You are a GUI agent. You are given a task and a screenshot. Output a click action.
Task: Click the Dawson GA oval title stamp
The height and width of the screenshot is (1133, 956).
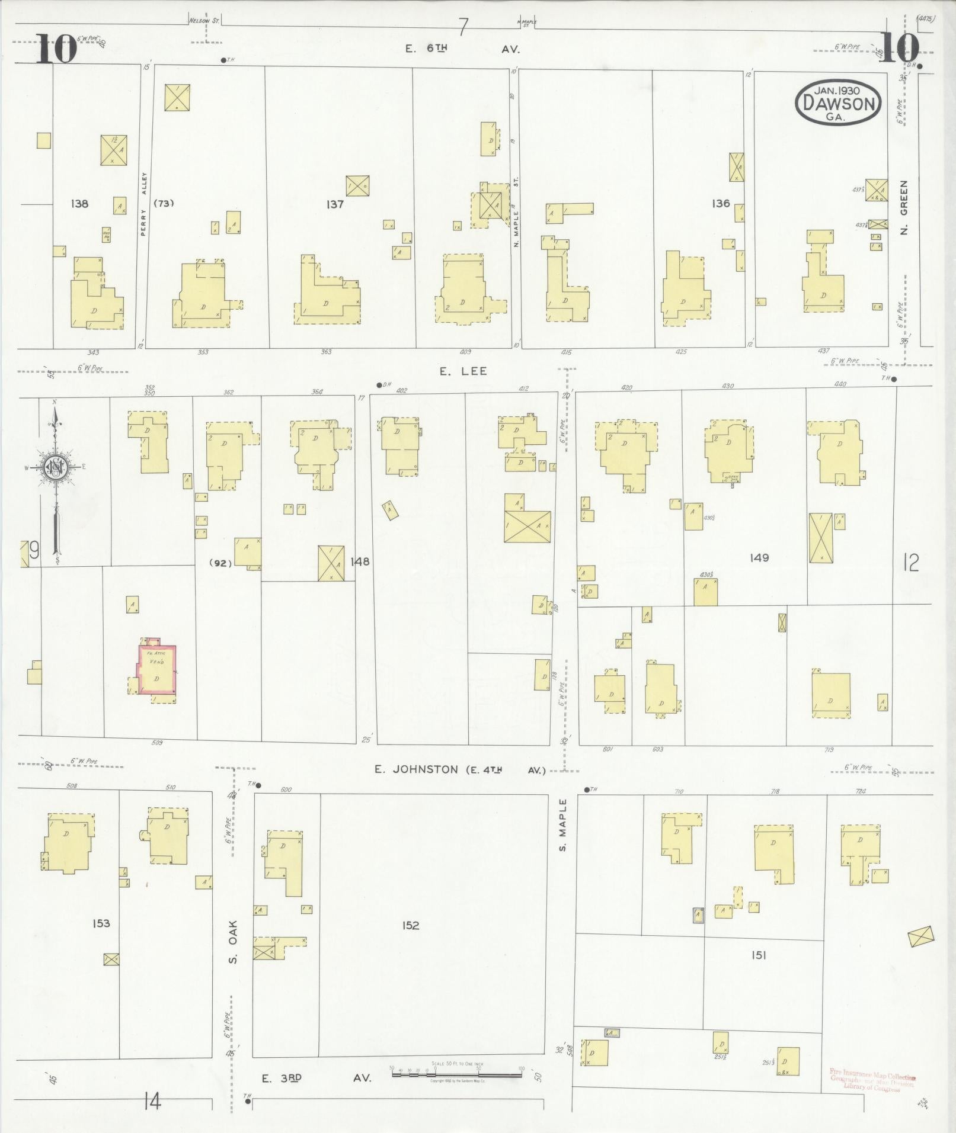pyautogui.click(x=838, y=103)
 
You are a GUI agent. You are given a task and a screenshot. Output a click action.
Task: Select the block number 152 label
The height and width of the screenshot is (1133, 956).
pyautogui.click(x=410, y=925)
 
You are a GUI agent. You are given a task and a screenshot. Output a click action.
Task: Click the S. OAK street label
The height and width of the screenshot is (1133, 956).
pyautogui.click(x=233, y=949)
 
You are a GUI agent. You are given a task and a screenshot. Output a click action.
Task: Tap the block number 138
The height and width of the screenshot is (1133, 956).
pyautogui.click(x=79, y=204)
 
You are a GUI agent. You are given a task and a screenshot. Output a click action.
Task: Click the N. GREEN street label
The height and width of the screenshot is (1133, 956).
pyautogui.click(x=904, y=207)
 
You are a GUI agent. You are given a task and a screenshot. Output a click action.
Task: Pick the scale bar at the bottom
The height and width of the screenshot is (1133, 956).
pyautogui.click(x=456, y=1072)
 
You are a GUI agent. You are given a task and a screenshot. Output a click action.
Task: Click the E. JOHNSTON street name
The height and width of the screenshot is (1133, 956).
pyautogui.click(x=415, y=769)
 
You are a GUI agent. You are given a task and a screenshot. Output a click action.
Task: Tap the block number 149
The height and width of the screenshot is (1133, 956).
pyautogui.click(x=759, y=557)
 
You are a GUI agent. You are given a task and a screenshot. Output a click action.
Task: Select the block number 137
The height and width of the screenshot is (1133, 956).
pyautogui.click(x=335, y=204)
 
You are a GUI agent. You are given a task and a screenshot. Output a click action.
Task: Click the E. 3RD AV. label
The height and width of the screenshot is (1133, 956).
pyautogui.click(x=317, y=1078)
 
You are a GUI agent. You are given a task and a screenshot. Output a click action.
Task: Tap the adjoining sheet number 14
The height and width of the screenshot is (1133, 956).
pyautogui.click(x=152, y=1102)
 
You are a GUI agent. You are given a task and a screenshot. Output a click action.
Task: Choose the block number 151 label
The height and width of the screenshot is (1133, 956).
pyautogui.click(x=759, y=955)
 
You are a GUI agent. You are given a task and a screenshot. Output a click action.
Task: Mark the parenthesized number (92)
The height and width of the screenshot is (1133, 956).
pyautogui.click(x=220, y=563)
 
